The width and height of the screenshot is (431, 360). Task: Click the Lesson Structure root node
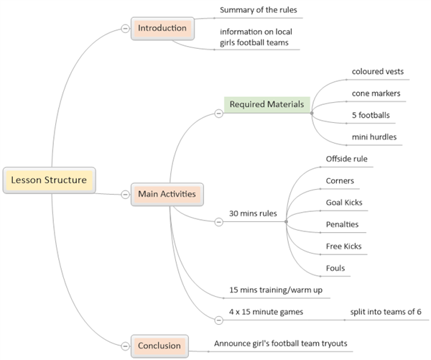(48, 180)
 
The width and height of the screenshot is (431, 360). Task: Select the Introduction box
(163, 29)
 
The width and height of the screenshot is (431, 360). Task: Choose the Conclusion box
(159, 346)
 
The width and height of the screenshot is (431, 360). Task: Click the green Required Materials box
(267, 105)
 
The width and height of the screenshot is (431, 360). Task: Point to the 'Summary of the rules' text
(258, 10)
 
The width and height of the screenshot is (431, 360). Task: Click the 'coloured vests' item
(377, 71)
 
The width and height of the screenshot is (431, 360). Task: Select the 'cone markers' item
(376, 93)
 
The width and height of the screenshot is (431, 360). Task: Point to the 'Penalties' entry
(342, 224)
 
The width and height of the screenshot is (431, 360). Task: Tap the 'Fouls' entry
(335, 268)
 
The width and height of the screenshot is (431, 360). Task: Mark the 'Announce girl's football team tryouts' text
(281, 343)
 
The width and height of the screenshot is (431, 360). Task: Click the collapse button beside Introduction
(125, 29)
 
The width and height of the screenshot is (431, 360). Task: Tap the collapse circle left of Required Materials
(218, 113)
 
